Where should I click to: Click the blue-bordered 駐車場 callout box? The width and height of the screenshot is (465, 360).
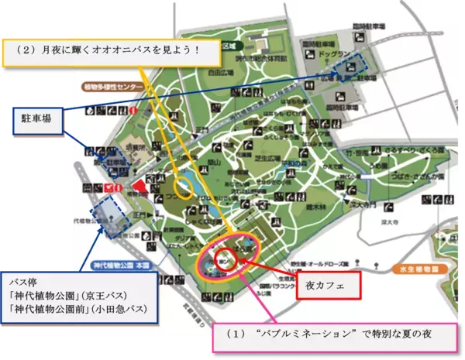[x=38, y=121]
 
